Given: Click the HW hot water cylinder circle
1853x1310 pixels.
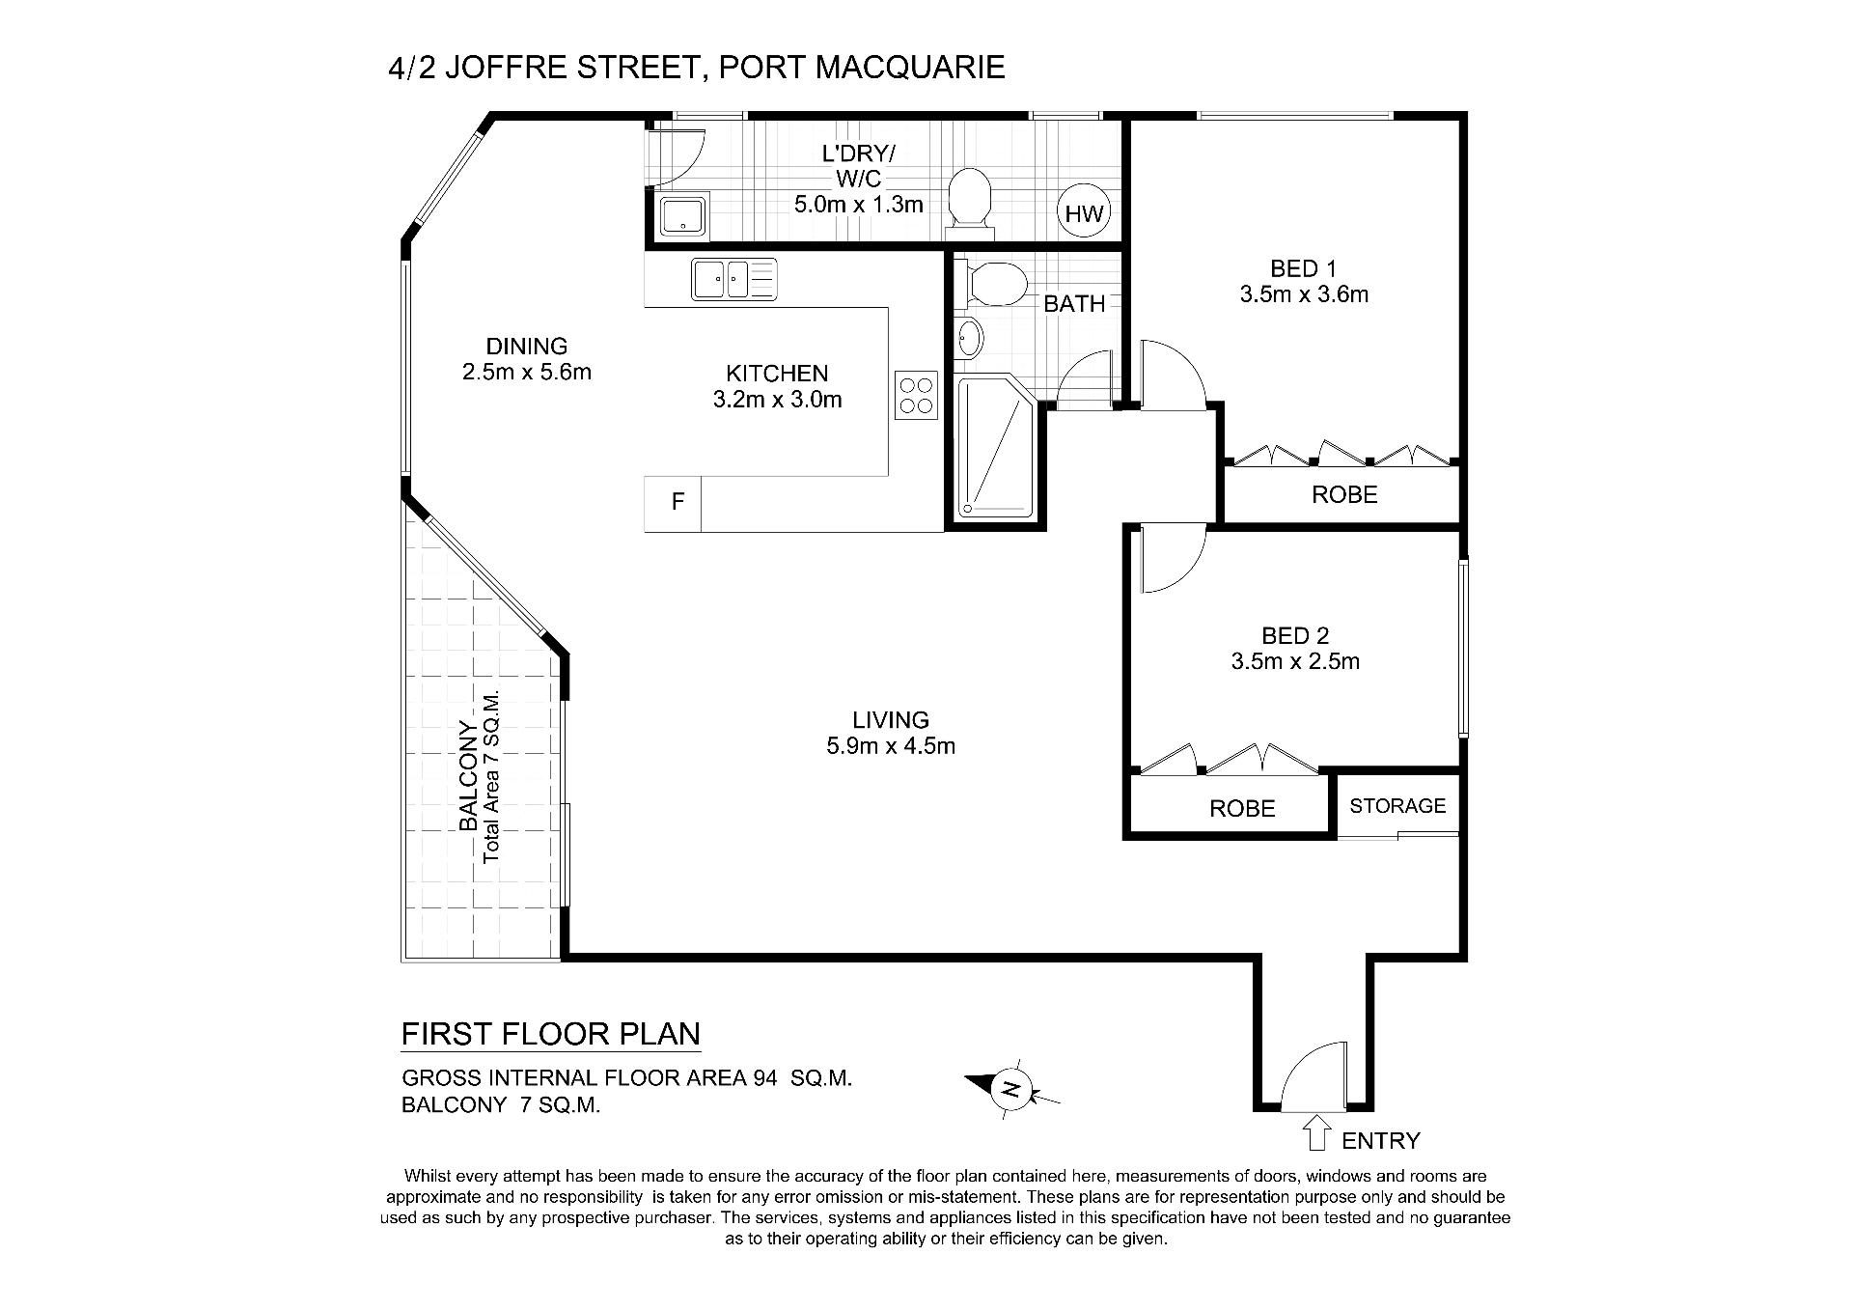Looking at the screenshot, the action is point(1085,212).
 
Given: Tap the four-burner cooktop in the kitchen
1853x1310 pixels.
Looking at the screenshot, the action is point(917,396).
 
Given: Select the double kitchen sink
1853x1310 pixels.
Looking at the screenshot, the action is point(734,279).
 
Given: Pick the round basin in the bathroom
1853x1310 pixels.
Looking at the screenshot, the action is point(970,339).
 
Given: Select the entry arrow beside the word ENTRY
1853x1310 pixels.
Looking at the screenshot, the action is point(1315,1132).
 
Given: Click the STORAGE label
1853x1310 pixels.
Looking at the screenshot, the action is point(1397,805).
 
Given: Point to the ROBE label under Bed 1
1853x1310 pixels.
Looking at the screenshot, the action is point(1344,494).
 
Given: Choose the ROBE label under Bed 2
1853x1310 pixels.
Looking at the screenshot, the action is point(1242,808).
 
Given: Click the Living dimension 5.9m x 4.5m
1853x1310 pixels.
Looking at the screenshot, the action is point(891,746).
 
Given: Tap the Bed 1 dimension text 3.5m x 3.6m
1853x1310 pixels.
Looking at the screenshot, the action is point(1304,294).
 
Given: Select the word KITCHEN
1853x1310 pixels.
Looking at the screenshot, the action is point(777,374).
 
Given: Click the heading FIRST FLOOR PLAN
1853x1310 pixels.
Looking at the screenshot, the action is point(551,1034).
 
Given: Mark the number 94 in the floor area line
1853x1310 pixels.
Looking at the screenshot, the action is point(764,1078).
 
